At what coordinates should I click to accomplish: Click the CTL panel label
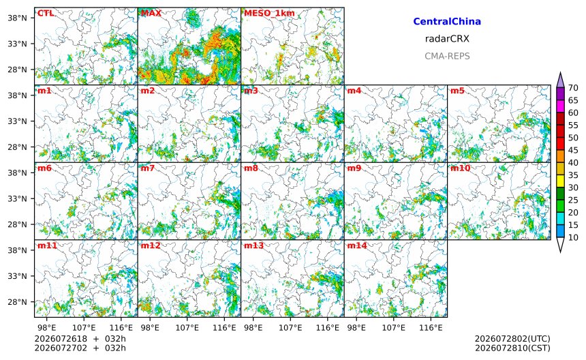46,14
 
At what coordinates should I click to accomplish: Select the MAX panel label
151,14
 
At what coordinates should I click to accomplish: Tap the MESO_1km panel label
269,14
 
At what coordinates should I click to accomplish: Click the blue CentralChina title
447,21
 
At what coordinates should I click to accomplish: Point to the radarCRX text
447,38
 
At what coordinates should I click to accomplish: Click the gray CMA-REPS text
447,56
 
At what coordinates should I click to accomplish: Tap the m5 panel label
457,91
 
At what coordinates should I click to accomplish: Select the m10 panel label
460,168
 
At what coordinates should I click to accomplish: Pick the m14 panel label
357,245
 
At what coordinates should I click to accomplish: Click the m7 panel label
148,168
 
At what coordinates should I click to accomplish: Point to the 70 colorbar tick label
573,88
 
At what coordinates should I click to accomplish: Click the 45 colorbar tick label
573,150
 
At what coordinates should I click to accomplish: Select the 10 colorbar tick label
573,237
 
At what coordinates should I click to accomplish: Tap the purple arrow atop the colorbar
560,80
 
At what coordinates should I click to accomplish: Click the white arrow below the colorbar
560,245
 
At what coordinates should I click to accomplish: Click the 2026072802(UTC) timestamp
512,339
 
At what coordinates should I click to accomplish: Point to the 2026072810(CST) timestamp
512,348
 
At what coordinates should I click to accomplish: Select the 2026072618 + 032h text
80,339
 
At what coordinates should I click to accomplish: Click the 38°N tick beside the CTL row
17,18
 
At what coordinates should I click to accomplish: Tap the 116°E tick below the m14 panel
431,328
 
